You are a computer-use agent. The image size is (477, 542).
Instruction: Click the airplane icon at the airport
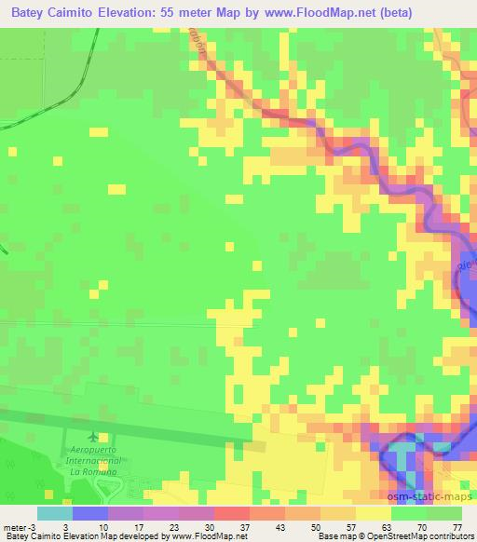91,436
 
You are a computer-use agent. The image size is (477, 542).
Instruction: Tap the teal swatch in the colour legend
55,513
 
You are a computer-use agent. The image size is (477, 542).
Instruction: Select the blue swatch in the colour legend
90,513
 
